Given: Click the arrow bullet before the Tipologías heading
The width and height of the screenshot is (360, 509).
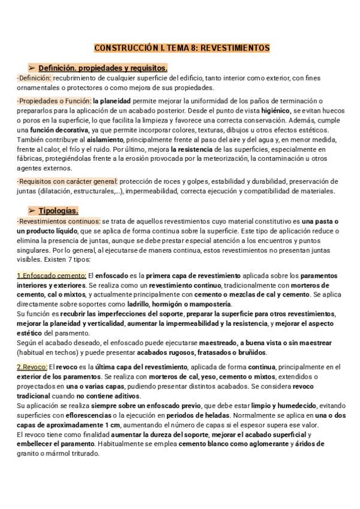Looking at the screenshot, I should click(32, 211).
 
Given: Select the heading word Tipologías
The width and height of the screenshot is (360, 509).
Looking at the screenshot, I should click(58, 211).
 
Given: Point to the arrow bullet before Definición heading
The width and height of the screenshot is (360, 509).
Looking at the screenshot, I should click(32, 68).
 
